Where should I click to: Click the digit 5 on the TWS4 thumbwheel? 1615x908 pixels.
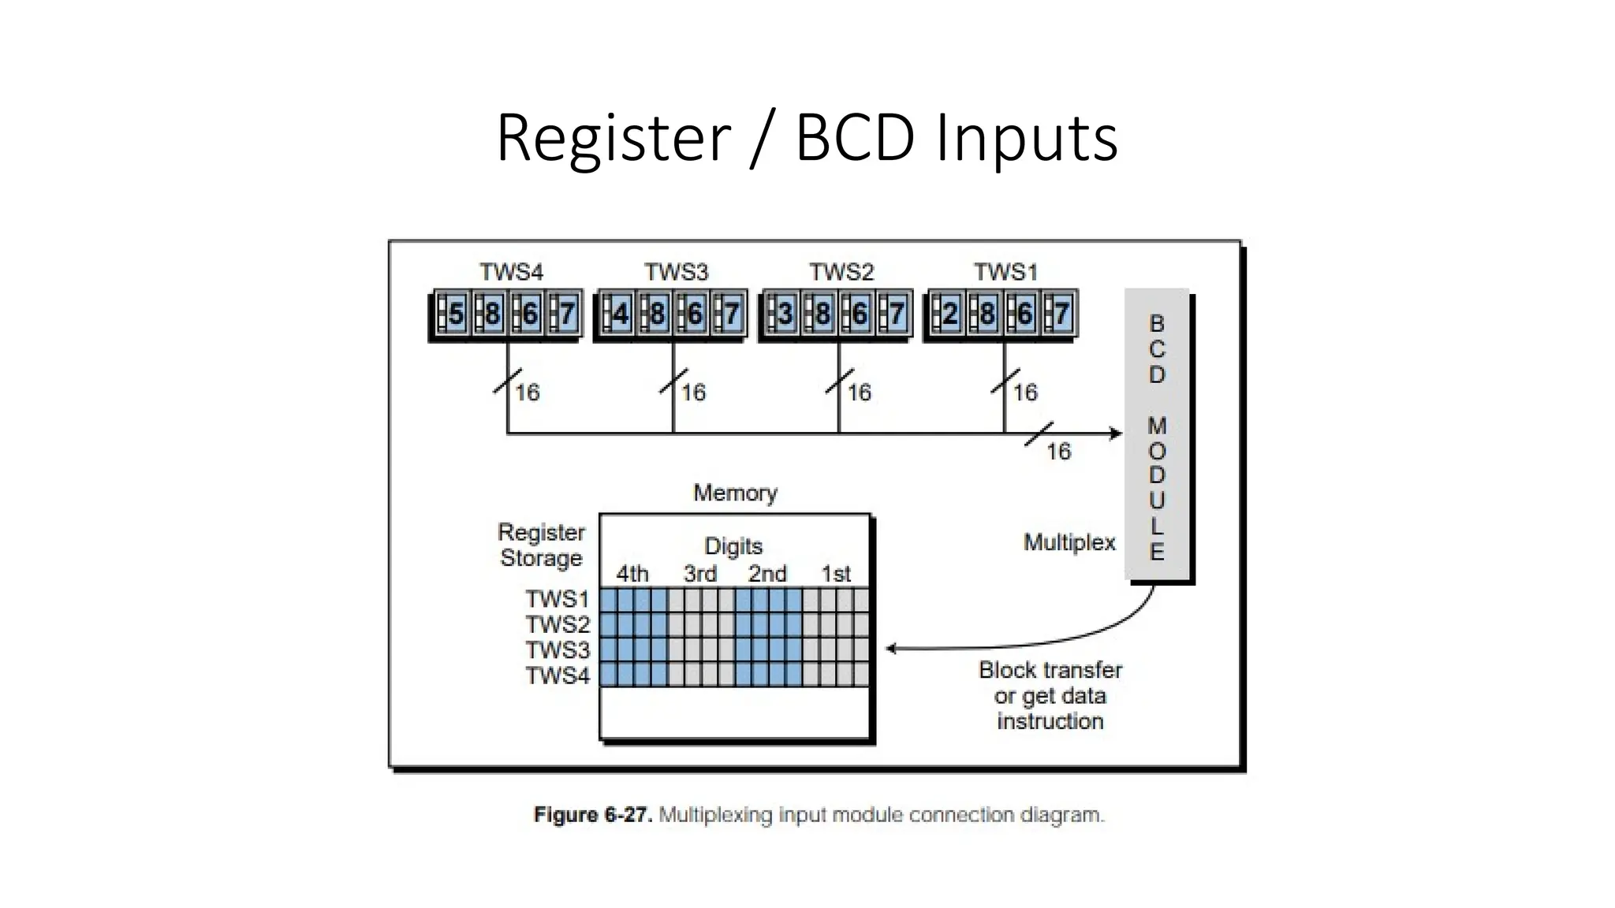456,314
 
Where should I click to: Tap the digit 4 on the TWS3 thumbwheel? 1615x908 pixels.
621,314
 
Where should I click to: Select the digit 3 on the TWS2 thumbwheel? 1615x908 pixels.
785,314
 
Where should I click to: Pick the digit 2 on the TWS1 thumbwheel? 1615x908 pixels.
950,314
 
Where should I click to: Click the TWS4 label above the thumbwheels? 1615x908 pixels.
511,272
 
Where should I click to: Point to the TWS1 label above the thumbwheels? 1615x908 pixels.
1005,272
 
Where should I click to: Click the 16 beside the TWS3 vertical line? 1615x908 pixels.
693,392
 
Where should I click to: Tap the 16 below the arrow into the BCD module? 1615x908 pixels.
1058,451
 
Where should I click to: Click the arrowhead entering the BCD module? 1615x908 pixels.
1116,433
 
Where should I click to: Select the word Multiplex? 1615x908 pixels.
1069,542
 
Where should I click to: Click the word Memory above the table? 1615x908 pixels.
735,493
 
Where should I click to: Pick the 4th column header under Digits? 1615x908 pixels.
632,573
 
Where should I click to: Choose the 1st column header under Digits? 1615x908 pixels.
836,573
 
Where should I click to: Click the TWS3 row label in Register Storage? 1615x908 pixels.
558,649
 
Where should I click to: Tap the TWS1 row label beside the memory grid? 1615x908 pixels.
558,599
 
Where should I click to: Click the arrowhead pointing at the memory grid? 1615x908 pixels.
891,649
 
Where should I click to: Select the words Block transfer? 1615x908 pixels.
1050,670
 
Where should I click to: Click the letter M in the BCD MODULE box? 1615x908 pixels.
1156,426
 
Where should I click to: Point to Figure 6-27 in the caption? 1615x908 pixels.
592,814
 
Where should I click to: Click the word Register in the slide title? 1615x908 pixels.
614,137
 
